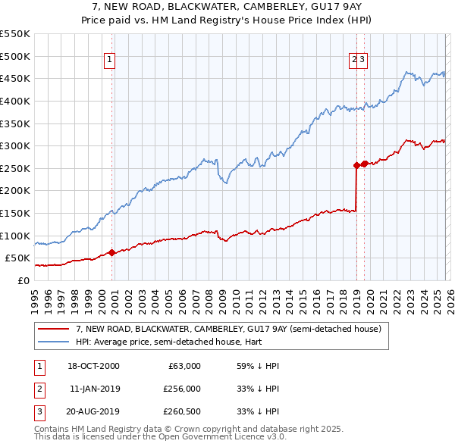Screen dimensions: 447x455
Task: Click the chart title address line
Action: (227, 7)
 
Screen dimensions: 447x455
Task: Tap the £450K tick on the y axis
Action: (15, 78)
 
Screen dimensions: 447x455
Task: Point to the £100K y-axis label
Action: (15, 236)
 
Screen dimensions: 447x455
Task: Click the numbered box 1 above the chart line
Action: (110, 60)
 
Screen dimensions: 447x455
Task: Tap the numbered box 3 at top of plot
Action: (362, 60)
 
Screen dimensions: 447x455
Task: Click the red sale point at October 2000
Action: (111, 252)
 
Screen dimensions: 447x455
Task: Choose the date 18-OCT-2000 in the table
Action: (94, 366)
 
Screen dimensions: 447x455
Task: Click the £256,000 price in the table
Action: (182, 389)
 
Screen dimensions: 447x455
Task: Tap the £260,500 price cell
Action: (182, 411)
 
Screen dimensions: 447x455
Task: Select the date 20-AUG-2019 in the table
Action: (94, 411)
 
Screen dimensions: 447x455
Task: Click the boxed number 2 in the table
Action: (38, 389)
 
